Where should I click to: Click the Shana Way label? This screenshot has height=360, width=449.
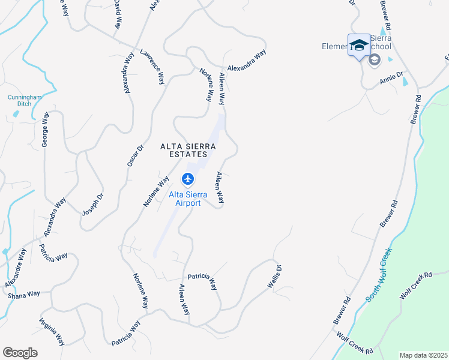click(23, 294)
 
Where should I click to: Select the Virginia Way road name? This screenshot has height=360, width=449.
click(52, 332)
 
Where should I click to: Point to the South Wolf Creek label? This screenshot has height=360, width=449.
click(379, 274)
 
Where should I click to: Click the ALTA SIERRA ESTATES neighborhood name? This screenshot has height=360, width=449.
click(187, 150)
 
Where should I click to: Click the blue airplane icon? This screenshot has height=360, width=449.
click(187, 179)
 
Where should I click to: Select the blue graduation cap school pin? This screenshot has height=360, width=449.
click(359, 45)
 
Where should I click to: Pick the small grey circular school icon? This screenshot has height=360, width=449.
click(374, 59)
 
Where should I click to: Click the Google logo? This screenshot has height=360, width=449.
click(20, 353)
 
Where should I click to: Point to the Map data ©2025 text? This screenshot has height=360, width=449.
click(423, 355)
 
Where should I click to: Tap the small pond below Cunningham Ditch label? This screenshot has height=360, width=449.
click(16, 113)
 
